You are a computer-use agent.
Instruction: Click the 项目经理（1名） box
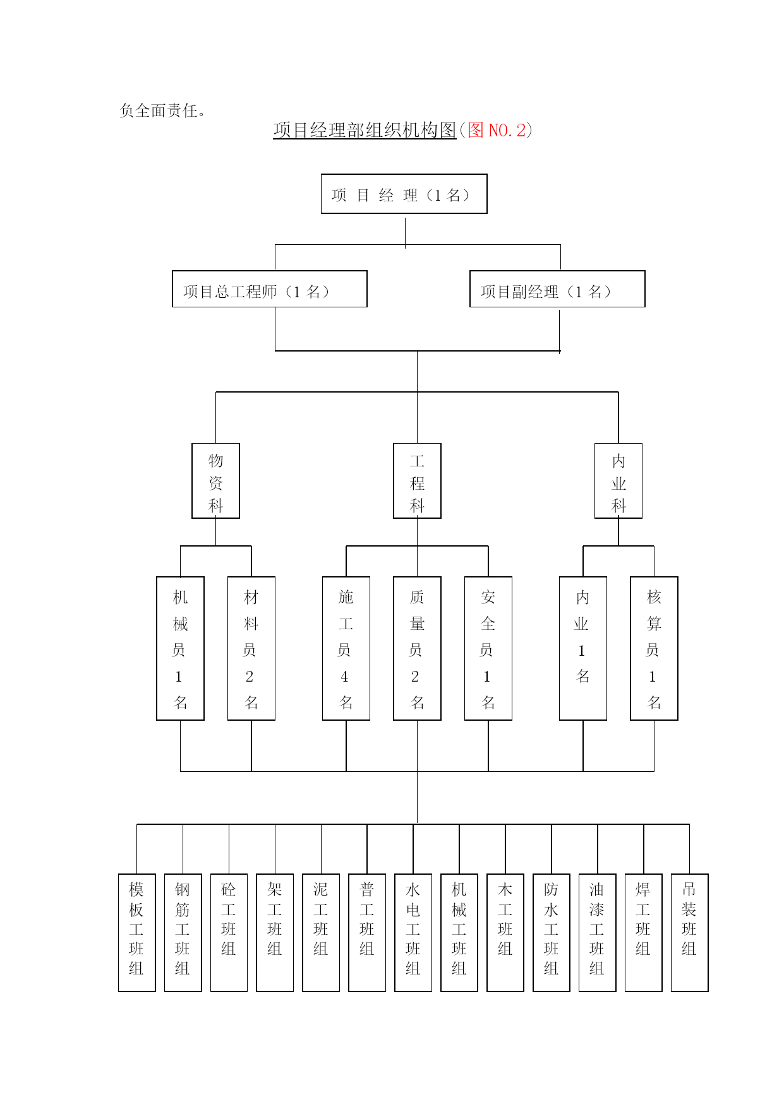404,194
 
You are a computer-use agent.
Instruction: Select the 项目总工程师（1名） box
270,289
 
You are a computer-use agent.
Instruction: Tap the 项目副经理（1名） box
557,289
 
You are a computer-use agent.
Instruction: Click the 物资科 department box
215,481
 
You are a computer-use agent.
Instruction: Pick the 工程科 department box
417,481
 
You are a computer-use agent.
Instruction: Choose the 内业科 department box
618,481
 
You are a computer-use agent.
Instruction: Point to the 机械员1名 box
180,648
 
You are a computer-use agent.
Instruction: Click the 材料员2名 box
251,648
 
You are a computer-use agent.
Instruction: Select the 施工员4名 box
346,648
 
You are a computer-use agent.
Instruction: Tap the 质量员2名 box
417,648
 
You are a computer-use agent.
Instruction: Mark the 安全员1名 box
488,648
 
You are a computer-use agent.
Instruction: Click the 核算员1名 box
654,648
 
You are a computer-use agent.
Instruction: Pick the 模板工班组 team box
136,933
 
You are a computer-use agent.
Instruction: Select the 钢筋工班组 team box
183,933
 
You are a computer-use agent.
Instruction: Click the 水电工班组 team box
413,933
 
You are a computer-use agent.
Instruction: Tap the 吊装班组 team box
689,933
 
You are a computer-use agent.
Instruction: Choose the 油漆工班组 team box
597,933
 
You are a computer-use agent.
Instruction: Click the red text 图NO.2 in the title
497,130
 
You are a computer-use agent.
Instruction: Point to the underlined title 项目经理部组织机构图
365,130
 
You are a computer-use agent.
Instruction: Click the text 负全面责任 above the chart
159,110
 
